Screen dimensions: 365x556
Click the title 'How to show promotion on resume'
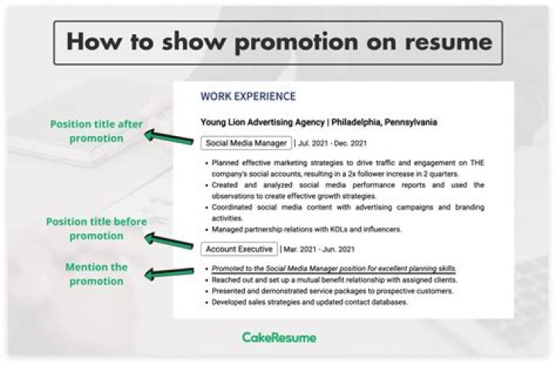[x=277, y=41]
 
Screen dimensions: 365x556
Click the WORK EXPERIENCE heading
[x=247, y=97]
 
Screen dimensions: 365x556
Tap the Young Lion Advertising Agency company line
[x=318, y=122]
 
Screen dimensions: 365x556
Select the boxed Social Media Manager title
[x=246, y=143]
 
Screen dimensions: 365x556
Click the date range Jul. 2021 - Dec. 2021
[x=332, y=143]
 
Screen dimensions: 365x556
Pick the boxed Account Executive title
[x=239, y=249]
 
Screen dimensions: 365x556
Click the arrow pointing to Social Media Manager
[x=168, y=138]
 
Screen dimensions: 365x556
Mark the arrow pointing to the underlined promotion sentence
[x=168, y=271]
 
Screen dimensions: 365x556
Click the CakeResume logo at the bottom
[x=279, y=338]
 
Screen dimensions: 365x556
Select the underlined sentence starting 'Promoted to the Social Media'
[x=333, y=268]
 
